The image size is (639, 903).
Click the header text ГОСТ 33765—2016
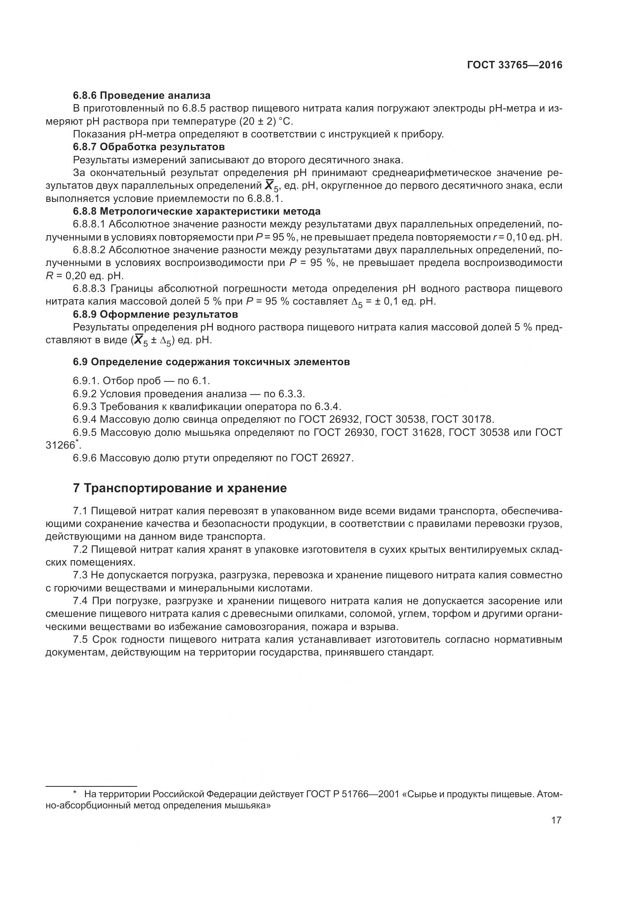[x=514, y=65]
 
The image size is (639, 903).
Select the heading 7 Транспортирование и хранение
[x=180, y=488]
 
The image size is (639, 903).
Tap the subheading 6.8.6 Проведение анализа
[x=142, y=96]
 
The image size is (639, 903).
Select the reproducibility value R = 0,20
[x=65, y=276]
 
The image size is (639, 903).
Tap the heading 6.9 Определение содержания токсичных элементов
[x=211, y=362]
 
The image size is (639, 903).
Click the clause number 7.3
[x=80, y=575]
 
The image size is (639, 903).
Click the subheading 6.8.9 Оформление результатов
[x=155, y=315]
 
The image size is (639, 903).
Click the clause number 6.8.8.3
[x=89, y=289]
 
